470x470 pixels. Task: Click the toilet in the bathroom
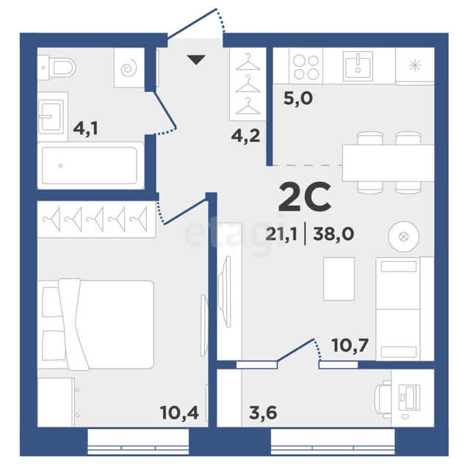coord(57,68)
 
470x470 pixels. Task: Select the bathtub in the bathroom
coord(90,165)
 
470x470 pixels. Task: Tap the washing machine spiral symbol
coord(129,69)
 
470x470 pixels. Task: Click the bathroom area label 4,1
coord(85,129)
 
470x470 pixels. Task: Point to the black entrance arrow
coord(196,59)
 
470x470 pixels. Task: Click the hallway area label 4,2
coord(245,137)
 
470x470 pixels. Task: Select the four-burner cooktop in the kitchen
coord(306,68)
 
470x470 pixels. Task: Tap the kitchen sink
coord(358,66)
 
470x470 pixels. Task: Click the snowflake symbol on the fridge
coord(415,65)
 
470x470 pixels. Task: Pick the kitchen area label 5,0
coord(298,98)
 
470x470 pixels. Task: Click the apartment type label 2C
coord(305,197)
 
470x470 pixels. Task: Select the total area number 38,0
coord(333,234)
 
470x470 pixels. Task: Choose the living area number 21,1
coord(281,234)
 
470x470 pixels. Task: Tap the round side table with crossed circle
coord(404,236)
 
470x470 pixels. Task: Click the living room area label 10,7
coord(350,345)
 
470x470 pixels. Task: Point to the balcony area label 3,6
coord(263,413)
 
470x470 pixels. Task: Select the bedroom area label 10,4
coord(179,413)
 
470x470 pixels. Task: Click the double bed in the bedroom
coord(95,325)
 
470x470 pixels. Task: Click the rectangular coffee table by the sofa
coord(339,279)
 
